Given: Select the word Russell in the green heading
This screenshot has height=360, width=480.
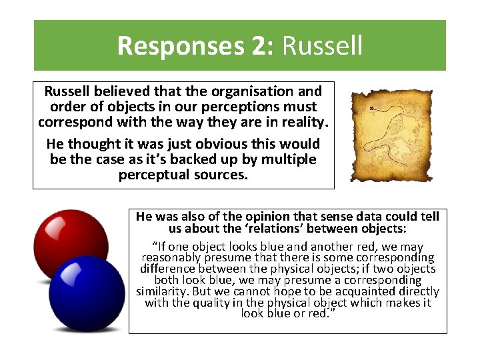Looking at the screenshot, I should point(323,46).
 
